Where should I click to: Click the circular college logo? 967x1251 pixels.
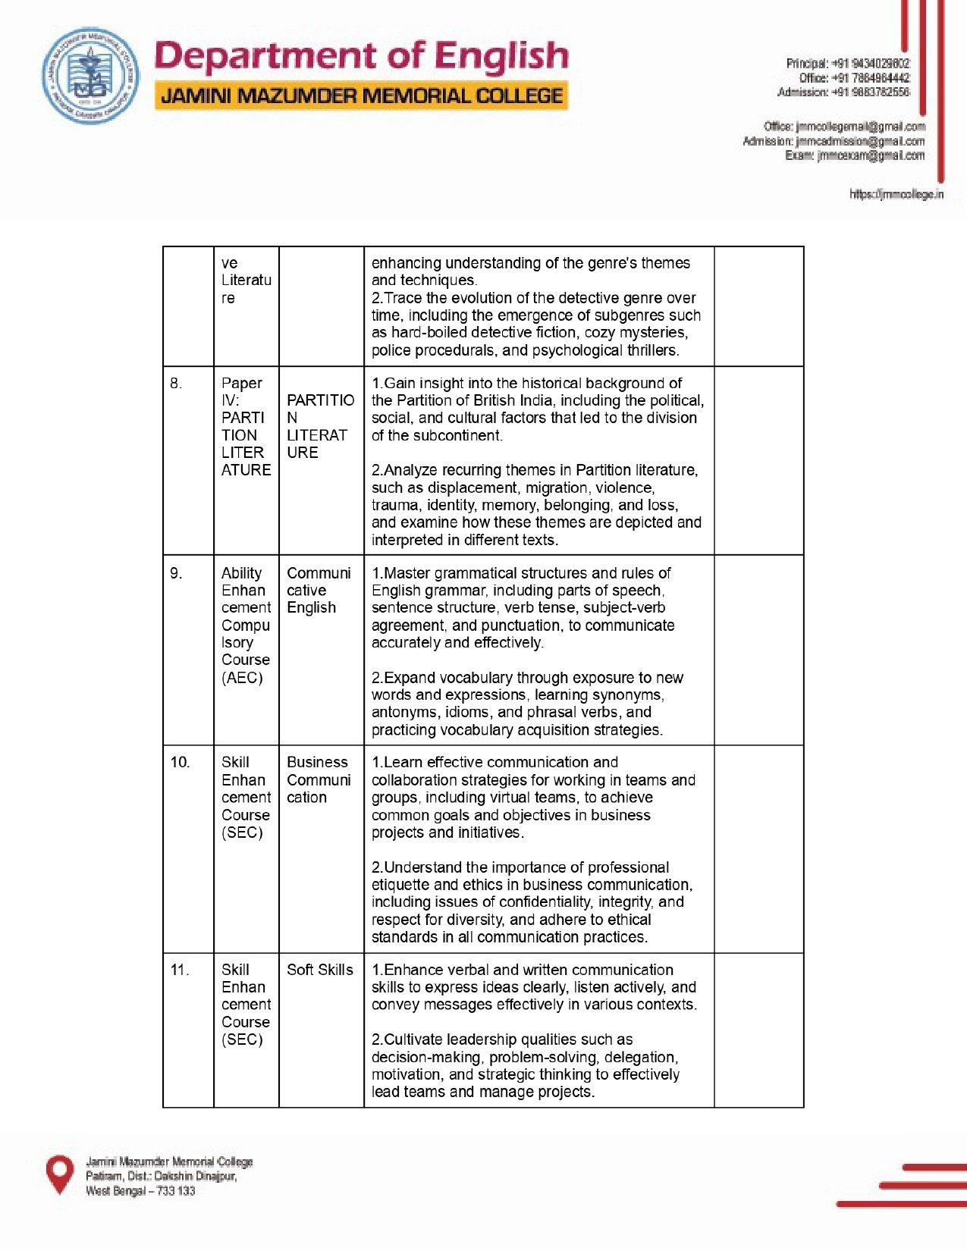coord(90,77)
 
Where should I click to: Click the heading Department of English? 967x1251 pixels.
coord(361,57)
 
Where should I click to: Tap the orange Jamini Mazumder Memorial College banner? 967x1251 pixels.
coord(362,96)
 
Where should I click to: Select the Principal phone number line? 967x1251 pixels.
coord(847,64)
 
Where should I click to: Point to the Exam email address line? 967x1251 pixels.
coord(855,155)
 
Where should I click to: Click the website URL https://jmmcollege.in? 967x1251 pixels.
coord(896,195)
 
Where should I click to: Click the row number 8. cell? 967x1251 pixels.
coord(177,384)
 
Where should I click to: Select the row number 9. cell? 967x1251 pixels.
coord(177,573)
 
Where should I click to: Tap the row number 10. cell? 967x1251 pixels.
coord(180,762)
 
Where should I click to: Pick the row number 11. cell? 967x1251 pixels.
coord(180,970)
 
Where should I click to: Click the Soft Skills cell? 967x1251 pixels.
coord(320,970)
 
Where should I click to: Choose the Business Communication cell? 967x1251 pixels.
coord(319,779)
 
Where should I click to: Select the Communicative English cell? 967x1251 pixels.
coord(319,590)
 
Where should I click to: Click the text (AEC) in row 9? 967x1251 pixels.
coord(242,678)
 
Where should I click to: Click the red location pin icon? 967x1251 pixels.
coord(60,1174)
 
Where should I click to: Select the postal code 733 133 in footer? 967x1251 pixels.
coord(176,1191)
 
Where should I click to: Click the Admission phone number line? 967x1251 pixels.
coord(843,92)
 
